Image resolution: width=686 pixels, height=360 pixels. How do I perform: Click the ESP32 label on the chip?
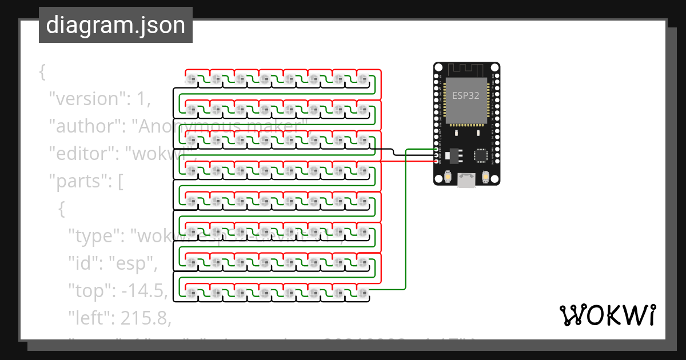click(466, 95)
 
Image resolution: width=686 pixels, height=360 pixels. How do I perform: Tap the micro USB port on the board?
click(466, 181)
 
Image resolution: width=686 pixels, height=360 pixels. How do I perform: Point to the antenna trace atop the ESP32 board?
click(466, 70)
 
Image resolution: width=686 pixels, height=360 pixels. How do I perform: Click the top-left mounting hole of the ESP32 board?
click(438, 67)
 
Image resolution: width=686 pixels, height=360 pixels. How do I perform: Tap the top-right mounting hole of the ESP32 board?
click(494, 67)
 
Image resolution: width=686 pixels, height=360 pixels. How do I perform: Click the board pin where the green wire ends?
click(437, 150)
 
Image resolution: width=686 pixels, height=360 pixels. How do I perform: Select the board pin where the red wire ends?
click(437, 161)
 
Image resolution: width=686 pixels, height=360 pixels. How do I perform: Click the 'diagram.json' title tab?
click(115, 25)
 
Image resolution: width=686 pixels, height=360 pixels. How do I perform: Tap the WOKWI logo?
click(608, 315)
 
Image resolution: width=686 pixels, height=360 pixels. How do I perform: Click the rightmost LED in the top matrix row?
click(364, 78)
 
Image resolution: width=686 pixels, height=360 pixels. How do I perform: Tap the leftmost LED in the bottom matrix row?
click(192, 293)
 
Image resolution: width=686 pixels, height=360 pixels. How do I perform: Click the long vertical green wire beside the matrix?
click(406, 217)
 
